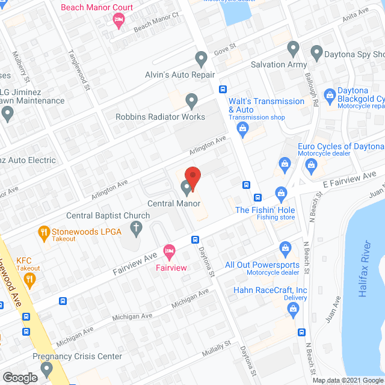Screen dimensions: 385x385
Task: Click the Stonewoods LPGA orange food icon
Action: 43,232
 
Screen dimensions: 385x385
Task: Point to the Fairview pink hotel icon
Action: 170,250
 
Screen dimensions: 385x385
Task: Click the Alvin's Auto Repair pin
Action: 201,59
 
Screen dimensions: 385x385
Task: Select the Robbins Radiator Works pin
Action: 191,100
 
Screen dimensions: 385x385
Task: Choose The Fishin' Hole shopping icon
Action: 280,193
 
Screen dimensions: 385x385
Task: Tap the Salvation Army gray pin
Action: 293,48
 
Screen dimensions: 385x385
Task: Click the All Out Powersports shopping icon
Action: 286,247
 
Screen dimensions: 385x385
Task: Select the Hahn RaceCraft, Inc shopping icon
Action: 293,310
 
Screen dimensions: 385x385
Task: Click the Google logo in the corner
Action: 19,377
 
